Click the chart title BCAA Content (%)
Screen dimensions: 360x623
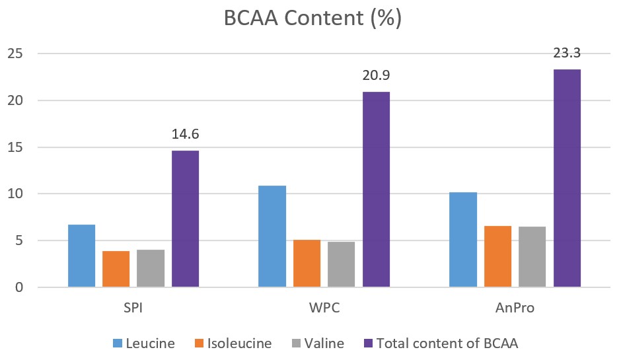click(312, 18)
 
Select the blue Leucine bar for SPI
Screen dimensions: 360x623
click(82, 256)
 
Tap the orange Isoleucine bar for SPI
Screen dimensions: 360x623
click(116, 270)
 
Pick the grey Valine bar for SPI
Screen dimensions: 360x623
click(151, 269)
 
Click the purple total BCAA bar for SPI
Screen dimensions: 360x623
click(185, 219)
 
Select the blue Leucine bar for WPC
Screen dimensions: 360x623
click(272, 236)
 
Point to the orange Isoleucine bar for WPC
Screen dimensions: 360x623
click(307, 264)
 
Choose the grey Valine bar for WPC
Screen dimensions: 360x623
click(341, 264)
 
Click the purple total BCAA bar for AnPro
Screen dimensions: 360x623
click(567, 178)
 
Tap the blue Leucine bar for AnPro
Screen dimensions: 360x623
click(463, 240)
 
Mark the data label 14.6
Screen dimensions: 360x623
click(185, 135)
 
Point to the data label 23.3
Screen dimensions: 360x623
click(567, 54)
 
